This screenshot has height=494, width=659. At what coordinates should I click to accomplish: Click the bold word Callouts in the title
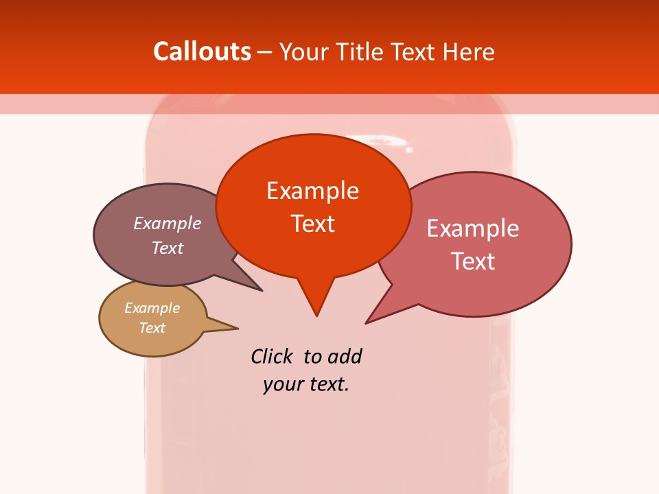point(202,51)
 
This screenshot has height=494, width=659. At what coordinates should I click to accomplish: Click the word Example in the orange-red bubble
point(312,191)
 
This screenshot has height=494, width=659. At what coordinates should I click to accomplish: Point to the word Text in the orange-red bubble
point(313,224)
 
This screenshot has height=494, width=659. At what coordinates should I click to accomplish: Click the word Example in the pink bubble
point(473,228)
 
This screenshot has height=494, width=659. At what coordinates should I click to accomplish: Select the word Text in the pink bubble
point(473,261)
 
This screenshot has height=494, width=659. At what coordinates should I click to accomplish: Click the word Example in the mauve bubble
point(167,223)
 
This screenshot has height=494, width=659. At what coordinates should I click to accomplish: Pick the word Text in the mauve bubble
point(167,248)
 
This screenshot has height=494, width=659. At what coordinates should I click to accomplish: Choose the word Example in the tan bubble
point(152,308)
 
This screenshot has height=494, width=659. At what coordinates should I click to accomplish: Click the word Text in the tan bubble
point(152,328)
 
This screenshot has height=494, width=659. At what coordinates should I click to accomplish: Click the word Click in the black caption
point(271,357)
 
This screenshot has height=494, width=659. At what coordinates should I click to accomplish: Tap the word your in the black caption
point(282,384)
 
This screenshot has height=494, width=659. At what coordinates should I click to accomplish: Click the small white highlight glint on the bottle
point(409,149)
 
